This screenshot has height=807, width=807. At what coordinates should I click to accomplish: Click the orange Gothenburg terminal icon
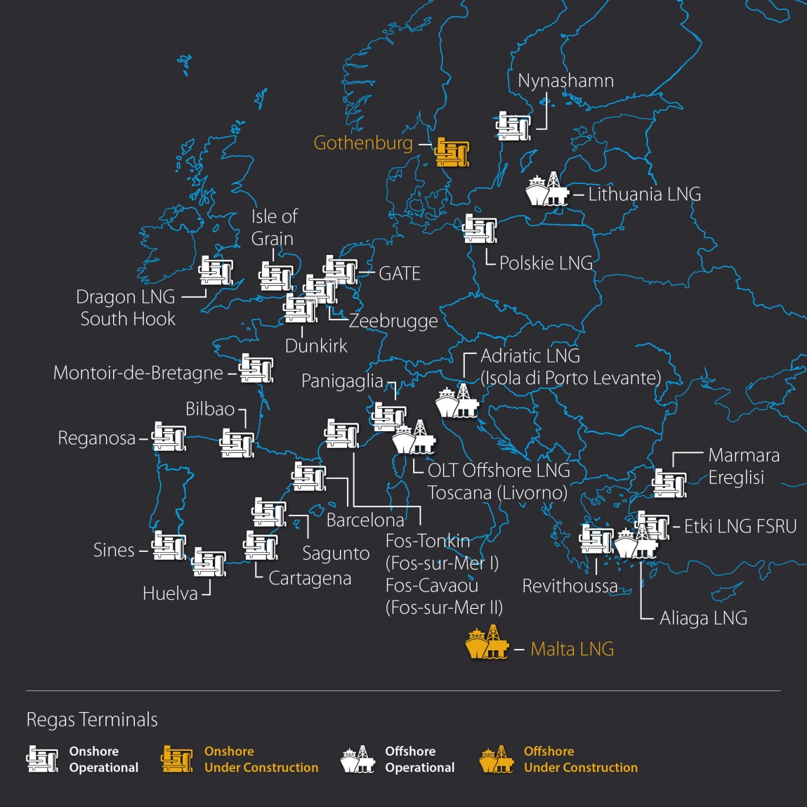pos(452,152)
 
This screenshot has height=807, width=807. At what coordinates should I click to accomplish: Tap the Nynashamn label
pos(565,81)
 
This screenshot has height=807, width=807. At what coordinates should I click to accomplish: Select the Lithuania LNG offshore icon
pos(546,190)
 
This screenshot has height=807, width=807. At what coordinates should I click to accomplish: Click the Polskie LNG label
pos(546,263)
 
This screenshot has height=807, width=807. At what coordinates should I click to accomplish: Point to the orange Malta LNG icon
pos(487,643)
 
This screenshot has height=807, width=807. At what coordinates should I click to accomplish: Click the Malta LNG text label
pos(572,649)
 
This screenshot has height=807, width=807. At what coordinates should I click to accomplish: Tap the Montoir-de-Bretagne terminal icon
pos(256,369)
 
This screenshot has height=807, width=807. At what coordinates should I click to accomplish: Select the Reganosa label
pos(97,438)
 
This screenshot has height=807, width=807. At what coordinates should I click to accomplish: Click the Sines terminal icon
pos(169,546)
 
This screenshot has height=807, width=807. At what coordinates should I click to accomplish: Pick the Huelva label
pos(170,593)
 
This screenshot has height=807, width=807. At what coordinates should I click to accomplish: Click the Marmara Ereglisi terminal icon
pos(669,483)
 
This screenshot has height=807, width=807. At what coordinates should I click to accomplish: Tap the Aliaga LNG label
pos(703,619)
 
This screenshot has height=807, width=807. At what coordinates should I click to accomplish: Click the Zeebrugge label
pos(393,321)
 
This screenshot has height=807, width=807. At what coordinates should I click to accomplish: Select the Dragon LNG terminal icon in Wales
pos(216,270)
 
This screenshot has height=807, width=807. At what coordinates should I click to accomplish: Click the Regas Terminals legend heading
pos(92,720)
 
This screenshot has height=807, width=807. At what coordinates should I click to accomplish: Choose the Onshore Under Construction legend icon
pos(176,759)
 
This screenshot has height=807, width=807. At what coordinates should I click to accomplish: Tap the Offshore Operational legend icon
pos(357,759)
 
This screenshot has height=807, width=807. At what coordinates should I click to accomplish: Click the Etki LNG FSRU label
pos(740,527)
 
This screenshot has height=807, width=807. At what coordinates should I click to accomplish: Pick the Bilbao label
pos(210,409)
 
